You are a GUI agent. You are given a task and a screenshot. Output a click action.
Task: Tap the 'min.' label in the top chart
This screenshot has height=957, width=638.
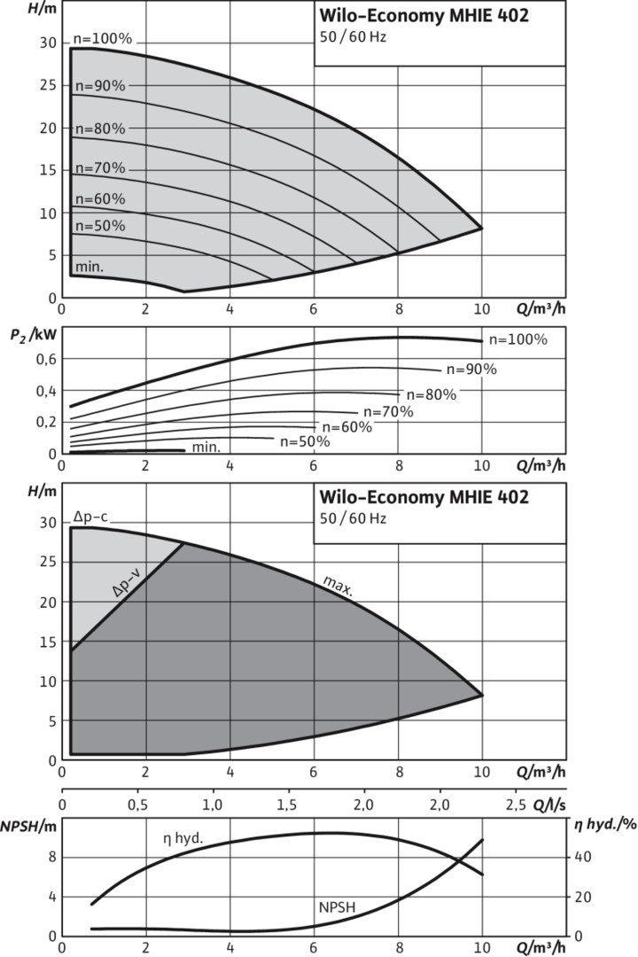coord(89,266)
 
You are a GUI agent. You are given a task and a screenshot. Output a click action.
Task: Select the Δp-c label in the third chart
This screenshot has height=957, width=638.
coord(90,517)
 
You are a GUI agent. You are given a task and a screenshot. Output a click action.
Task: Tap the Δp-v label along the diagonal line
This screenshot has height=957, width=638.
coord(129,593)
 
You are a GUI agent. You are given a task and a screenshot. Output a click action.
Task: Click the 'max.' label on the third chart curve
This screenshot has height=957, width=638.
coord(338,586)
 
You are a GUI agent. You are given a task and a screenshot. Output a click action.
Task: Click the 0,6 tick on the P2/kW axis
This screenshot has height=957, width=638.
coord(44,358)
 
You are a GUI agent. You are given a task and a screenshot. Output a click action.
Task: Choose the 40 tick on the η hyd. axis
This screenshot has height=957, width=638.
coord(580,857)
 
